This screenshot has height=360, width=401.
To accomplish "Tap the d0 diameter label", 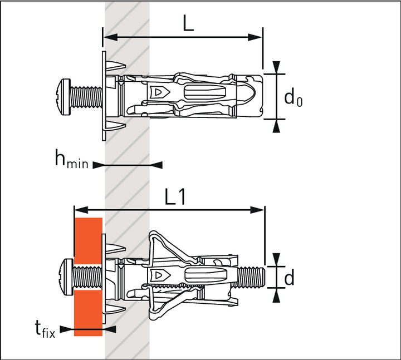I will [x=293, y=98].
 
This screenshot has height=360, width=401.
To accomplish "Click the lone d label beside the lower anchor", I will [x=289, y=278].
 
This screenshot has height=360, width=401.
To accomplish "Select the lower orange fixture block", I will [x=88, y=313].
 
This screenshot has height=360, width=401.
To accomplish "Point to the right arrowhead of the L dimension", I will [x=257, y=37].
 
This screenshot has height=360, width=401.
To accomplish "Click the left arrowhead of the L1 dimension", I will [x=79, y=210].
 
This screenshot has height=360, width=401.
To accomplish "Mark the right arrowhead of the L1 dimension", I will [x=260, y=210].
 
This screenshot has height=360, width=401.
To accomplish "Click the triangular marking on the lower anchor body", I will [x=159, y=274].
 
